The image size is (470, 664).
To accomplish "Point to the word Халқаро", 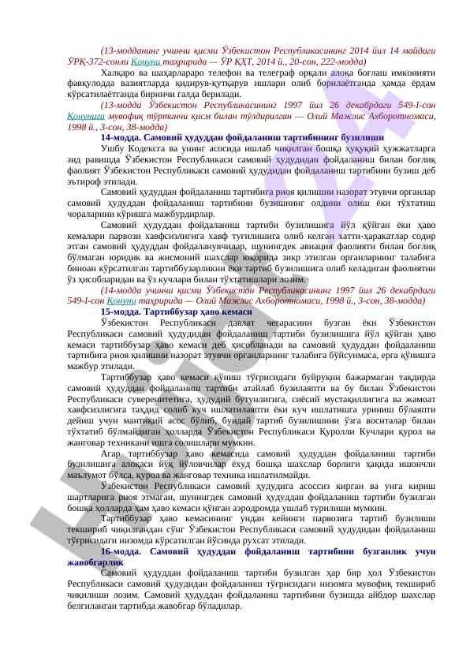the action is (x=118, y=72).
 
